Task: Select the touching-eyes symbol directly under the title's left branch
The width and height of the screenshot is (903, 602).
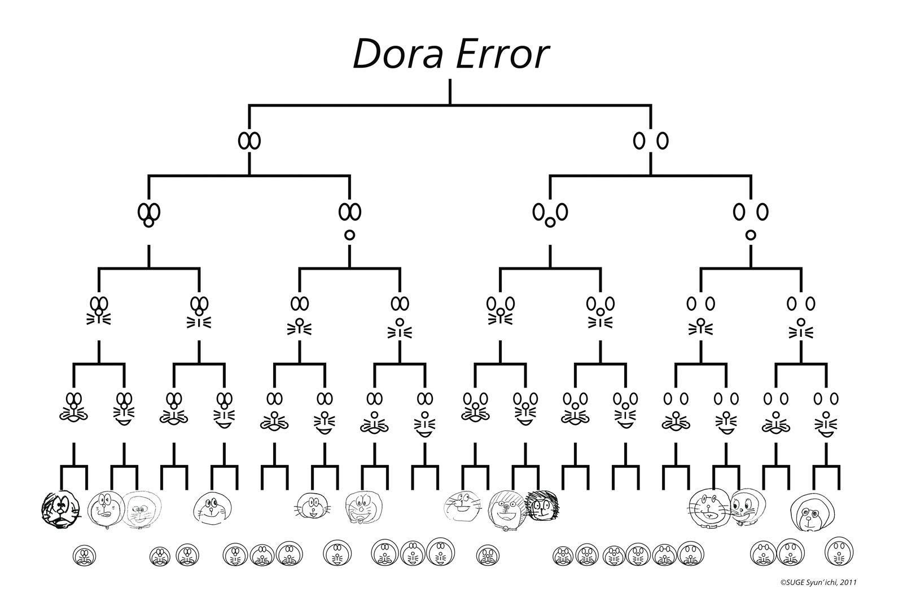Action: (249, 140)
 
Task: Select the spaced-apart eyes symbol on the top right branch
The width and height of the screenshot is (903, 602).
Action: (651, 140)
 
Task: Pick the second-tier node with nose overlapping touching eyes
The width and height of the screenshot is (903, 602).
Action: (149, 214)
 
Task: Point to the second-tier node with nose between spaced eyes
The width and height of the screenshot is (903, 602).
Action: (550, 214)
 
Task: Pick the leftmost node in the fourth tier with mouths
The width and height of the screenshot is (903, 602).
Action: (74, 407)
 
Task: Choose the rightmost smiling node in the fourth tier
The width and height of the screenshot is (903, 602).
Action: (826, 413)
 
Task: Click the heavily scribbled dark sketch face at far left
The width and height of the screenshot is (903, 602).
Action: (60, 509)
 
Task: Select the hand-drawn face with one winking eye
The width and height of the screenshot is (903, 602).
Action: (105, 508)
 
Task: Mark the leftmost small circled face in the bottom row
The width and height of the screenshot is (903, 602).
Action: (85, 556)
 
